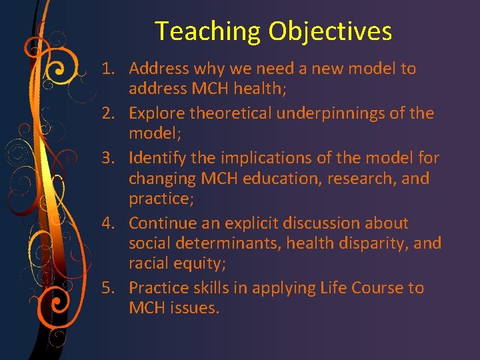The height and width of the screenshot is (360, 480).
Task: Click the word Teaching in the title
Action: pos(208,32)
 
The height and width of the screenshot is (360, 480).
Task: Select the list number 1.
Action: pos(108,69)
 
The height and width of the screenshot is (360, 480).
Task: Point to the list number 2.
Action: pos(108,113)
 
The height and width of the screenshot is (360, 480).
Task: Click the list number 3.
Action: pos(108,158)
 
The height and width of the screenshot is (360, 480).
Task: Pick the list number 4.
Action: pos(108,223)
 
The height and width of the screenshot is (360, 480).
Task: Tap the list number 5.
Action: pos(108,288)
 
